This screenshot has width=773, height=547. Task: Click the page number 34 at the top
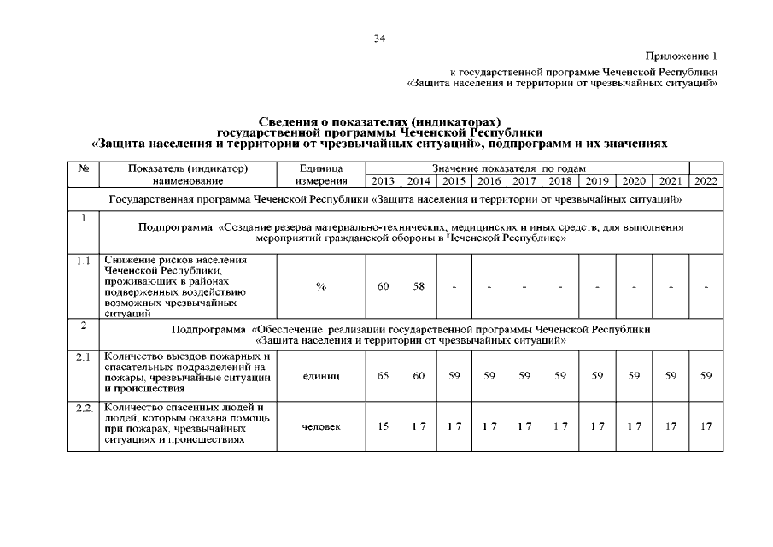pos(380,38)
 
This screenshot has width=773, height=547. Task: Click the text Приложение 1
pos(684,55)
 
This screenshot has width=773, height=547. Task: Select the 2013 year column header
pos(384,181)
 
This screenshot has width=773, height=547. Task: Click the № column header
pos(84,168)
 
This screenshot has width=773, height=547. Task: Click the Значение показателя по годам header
pos(508,168)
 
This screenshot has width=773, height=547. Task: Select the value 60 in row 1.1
pos(384,286)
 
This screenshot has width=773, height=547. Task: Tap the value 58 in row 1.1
pos(419,286)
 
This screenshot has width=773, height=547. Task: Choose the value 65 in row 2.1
pos(384,375)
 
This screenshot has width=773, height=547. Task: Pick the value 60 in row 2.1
pos(419,375)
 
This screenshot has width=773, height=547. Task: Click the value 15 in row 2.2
pos(384,426)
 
